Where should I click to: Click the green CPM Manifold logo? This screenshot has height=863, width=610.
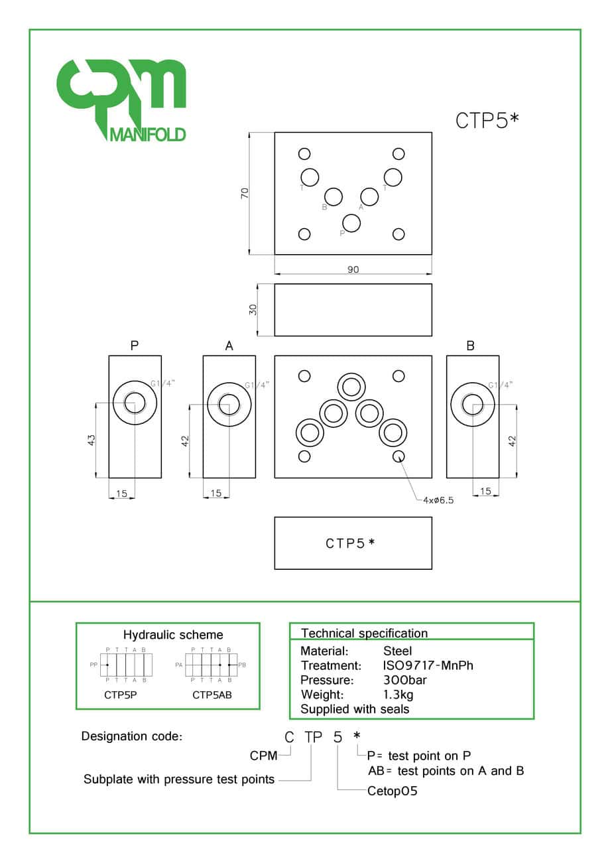click(121, 100)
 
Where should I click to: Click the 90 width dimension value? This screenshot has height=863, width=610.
click(353, 269)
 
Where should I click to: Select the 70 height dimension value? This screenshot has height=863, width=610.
click(245, 194)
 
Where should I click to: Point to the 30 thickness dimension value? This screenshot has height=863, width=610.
click(253, 310)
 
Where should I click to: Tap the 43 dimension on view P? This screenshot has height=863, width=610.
click(91, 439)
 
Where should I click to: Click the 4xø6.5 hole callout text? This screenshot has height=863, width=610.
click(438, 500)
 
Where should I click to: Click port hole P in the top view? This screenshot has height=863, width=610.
click(351, 223)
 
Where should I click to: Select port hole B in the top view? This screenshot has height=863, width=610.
click(334, 197)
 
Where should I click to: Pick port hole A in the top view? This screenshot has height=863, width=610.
click(369, 197)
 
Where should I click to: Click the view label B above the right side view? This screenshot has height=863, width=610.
click(470, 346)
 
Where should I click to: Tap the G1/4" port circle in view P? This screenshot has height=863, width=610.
click(135, 403)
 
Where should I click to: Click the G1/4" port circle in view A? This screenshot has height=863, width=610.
click(229, 403)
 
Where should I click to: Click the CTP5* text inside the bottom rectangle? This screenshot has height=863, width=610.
click(351, 543)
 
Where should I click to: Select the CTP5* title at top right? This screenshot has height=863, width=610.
click(487, 121)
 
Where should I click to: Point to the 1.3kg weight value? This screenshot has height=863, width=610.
click(398, 695)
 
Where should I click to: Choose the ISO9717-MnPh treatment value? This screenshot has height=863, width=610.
click(428, 665)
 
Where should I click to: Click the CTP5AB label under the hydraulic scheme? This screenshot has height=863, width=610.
click(212, 695)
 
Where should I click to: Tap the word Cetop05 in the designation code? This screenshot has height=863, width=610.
click(393, 791)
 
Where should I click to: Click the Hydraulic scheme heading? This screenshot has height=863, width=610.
click(173, 635)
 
